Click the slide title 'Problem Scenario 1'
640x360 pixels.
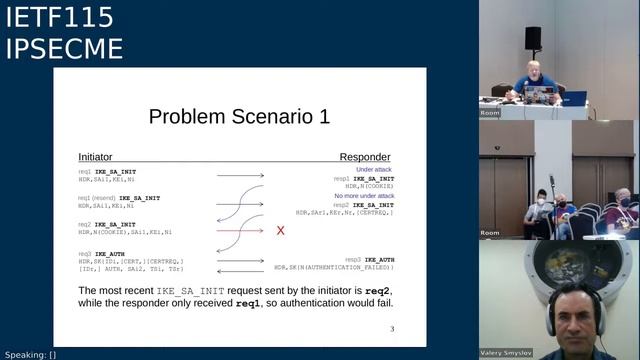(x=239, y=117)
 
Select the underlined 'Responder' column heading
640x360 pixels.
(x=365, y=157)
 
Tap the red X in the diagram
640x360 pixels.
(x=281, y=231)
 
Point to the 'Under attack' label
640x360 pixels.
(x=375, y=170)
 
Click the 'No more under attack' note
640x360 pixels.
(x=365, y=196)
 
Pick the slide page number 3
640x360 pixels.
(x=392, y=328)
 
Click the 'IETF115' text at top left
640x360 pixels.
(x=45, y=17)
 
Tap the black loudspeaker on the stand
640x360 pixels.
(x=533, y=38)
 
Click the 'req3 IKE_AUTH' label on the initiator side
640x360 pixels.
(x=104, y=254)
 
